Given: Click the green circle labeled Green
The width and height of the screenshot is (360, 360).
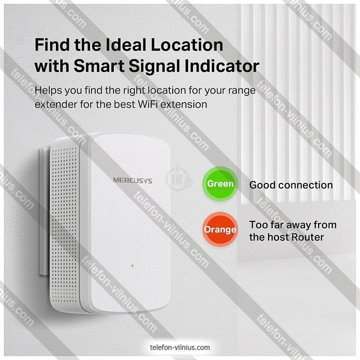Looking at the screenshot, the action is point(220,184).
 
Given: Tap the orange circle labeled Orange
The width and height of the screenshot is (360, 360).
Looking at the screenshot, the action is point(220,229).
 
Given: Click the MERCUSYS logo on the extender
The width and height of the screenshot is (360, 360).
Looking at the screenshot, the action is point(132,180).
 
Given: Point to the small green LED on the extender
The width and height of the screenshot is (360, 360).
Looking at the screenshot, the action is point(132,266).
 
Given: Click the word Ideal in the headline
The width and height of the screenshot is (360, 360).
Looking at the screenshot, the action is point(126,45).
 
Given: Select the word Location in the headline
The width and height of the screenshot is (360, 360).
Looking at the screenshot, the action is point(187,45).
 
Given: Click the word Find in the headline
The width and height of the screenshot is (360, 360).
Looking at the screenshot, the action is point(52,45).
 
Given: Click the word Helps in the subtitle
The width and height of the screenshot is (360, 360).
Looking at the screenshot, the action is point(48,90).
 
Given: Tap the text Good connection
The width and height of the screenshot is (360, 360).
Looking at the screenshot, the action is point(291,185).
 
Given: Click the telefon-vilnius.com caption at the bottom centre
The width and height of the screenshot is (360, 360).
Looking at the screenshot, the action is point(180,347).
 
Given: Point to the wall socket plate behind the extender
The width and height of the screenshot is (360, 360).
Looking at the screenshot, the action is point(45,211).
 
